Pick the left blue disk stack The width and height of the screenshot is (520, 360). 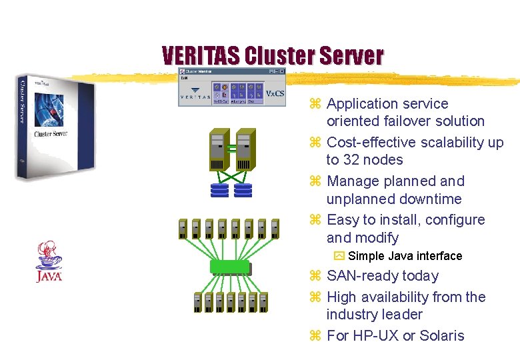219,190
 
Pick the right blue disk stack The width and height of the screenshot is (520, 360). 243,190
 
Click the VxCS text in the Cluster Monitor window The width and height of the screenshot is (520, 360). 275,93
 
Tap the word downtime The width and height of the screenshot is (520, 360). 429,199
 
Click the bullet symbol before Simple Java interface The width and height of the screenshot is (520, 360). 339,256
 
